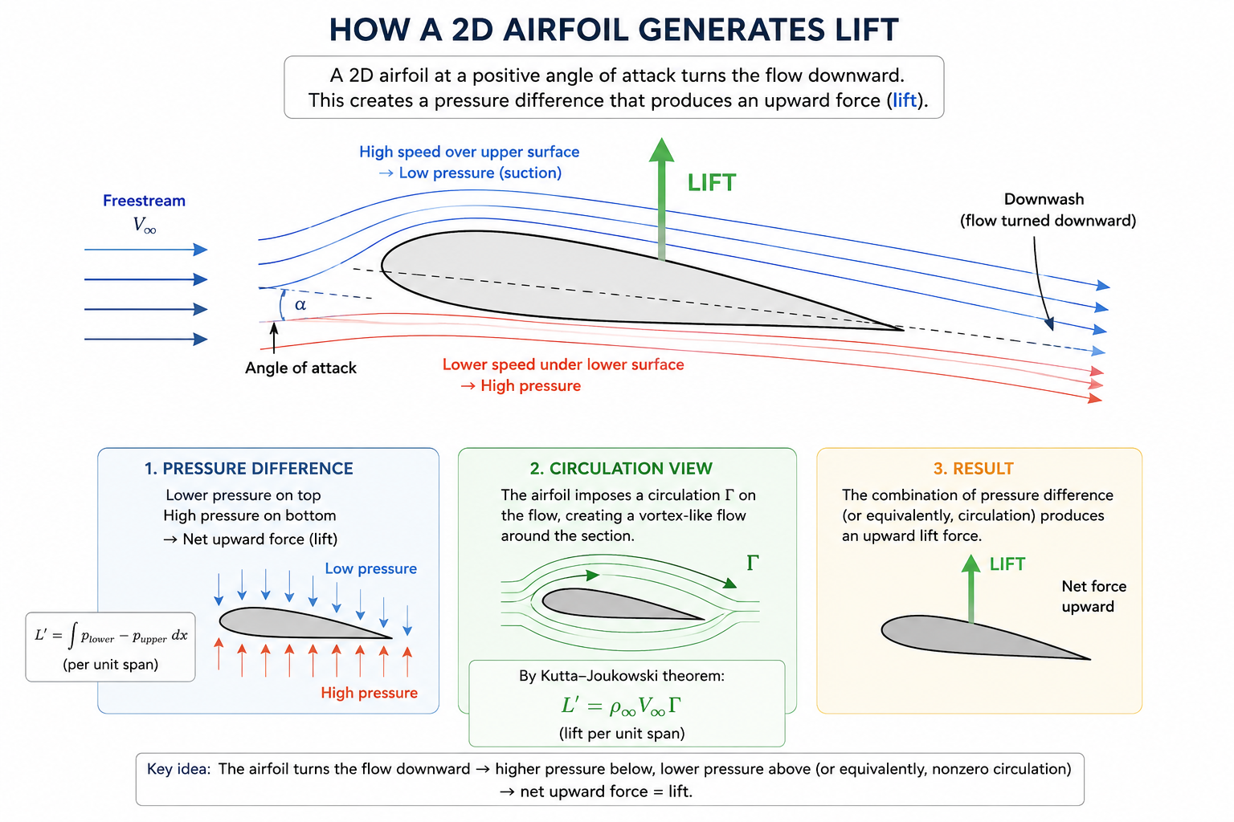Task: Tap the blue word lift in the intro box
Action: (x=905, y=100)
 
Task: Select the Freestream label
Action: (x=144, y=201)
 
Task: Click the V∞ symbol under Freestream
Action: (x=145, y=225)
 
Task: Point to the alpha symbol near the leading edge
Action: (x=300, y=304)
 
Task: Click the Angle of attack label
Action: (x=300, y=368)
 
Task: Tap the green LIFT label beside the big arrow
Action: (x=711, y=183)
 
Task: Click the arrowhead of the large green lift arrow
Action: (x=662, y=150)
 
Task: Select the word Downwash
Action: (x=1044, y=199)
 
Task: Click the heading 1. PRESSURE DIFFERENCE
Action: (x=248, y=469)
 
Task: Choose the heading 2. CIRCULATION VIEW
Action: (x=621, y=469)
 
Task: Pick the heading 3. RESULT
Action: (x=974, y=469)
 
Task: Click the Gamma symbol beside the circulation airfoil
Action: (x=753, y=564)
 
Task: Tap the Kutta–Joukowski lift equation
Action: (x=621, y=706)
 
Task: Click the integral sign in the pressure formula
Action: (x=73, y=636)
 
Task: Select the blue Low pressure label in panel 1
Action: (x=370, y=568)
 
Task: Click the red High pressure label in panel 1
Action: (x=369, y=693)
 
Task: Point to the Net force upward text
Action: (x=1093, y=596)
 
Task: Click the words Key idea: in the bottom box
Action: (x=178, y=768)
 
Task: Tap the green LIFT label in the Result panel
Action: (x=1007, y=564)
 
